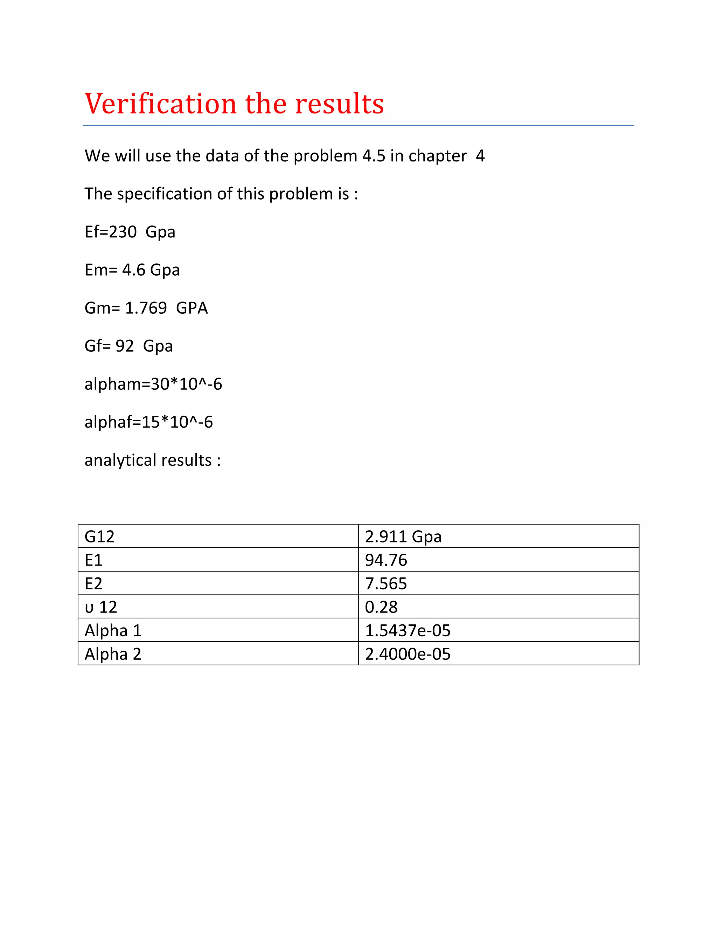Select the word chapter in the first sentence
tap(438, 156)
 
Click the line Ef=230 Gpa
tap(130, 232)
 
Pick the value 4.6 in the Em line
tap(134, 270)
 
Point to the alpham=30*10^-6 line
tap(153, 384)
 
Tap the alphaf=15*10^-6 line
tap(149, 422)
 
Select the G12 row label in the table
tap(99, 536)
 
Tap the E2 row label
tap(93, 583)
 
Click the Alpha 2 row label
tap(113, 654)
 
